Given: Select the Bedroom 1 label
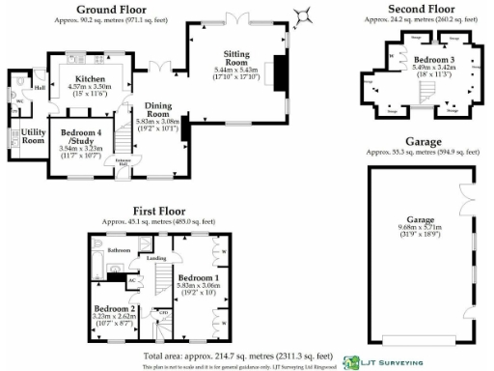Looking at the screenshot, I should point(197,276).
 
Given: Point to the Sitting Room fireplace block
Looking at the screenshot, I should point(281,72).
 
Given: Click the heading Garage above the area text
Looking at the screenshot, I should point(421,140).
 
